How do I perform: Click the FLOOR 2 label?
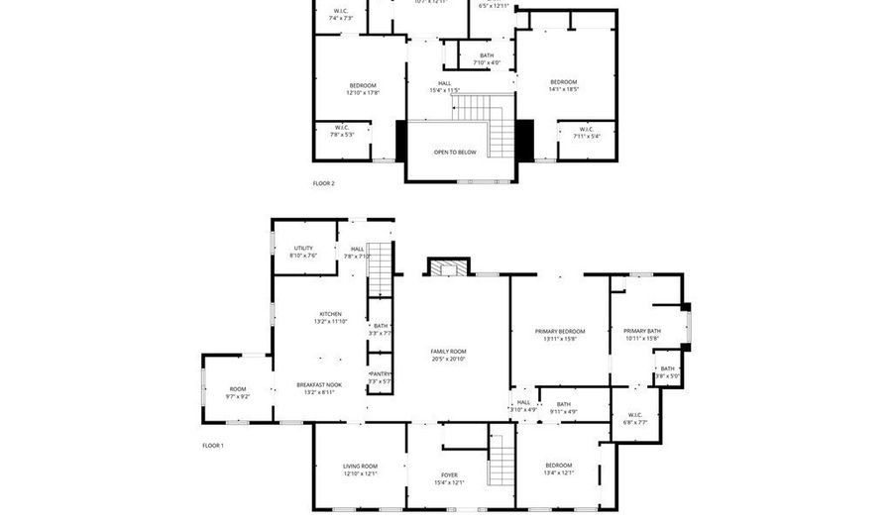coord(324,183)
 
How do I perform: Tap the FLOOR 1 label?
coord(213,446)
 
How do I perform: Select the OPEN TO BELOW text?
coord(455,153)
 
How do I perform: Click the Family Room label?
coord(448,352)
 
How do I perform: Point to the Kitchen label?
coord(330,314)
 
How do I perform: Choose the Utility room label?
coord(303,248)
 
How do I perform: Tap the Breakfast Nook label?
coord(319,384)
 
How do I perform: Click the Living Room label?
coord(361,466)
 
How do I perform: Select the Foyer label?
coord(448,475)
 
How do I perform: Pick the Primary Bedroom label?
coord(560,331)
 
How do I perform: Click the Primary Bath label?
coord(641,331)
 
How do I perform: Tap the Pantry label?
coord(380,373)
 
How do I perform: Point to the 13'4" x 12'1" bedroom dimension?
coord(558,472)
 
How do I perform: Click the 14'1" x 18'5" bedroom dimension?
coord(563,89)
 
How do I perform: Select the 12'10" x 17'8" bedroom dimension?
coord(363,93)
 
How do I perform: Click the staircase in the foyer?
coord(503,461)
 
